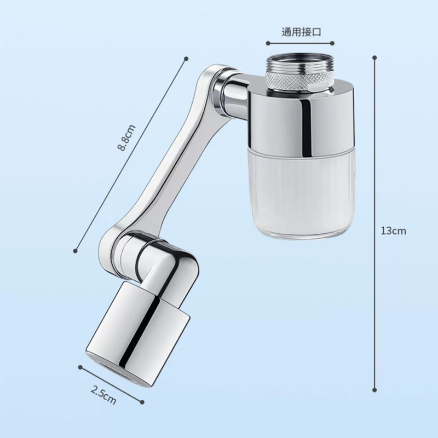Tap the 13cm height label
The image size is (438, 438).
tap(393, 230)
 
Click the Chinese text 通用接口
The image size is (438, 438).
tap(301, 32)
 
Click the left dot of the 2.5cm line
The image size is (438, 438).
tap(80, 367)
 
